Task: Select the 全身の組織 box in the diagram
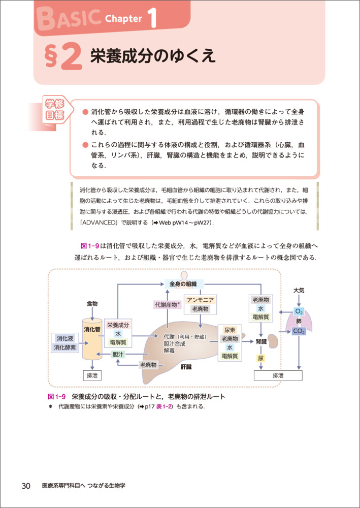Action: pyautogui.click(x=183, y=283)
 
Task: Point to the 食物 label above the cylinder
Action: pyautogui.click(x=92, y=303)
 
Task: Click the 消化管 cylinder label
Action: pyautogui.click(x=92, y=329)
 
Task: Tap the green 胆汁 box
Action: pyautogui.click(x=118, y=354)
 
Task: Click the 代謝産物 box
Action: pyautogui.click(x=167, y=305)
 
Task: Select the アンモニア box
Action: pyautogui.click(x=201, y=300)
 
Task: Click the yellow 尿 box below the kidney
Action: pyautogui.click(x=260, y=358)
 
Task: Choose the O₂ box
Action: pyautogui.click(x=299, y=311)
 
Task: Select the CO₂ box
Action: pyautogui.click(x=299, y=331)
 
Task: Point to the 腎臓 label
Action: pyautogui.click(x=261, y=341)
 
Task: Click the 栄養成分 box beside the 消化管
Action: pyautogui.click(x=118, y=325)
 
